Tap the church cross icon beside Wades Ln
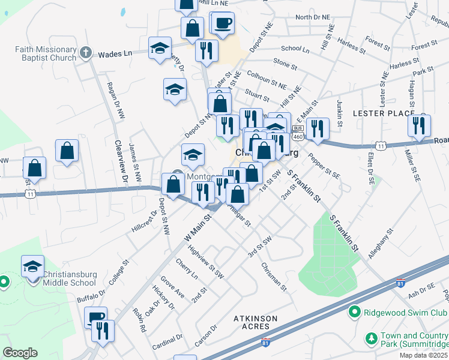tap(86, 53)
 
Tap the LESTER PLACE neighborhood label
tap(383, 113)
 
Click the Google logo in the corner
tap(20, 353)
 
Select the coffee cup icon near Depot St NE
tap(222, 23)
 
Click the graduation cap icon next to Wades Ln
tap(160, 48)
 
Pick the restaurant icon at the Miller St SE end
tap(418, 125)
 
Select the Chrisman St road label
tap(276, 276)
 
